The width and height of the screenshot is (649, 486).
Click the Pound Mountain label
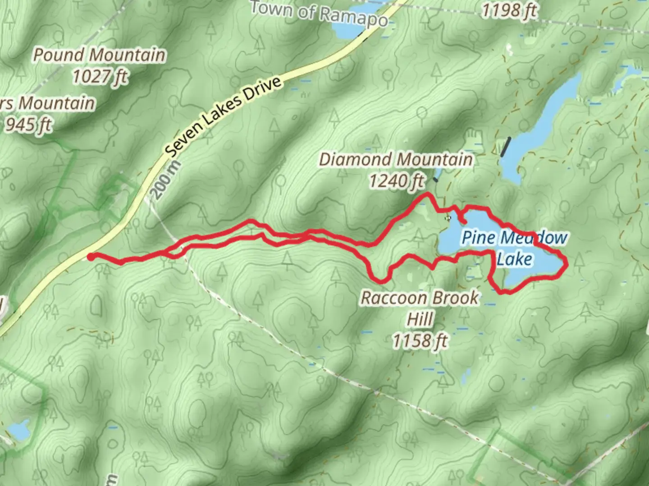pyautogui.click(x=99, y=55)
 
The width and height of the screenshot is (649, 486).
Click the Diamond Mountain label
pyautogui.click(x=396, y=159)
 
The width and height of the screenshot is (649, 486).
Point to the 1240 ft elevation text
pyautogui.click(x=396, y=181)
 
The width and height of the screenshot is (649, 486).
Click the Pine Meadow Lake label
pyautogui.click(x=514, y=248)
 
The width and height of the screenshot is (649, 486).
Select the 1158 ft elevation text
pyautogui.click(x=420, y=341)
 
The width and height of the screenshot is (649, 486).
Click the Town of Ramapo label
pyautogui.click(x=319, y=13)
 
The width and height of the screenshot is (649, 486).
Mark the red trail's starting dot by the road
pyautogui.click(x=91, y=257)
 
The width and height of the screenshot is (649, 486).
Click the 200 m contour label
pyautogui.click(x=165, y=180)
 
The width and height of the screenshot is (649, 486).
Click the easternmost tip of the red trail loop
pyautogui.click(x=565, y=266)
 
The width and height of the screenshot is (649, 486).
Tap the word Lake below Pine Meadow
pyautogui.click(x=514, y=259)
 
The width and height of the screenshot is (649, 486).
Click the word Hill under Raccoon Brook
pyautogui.click(x=420, y=319)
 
